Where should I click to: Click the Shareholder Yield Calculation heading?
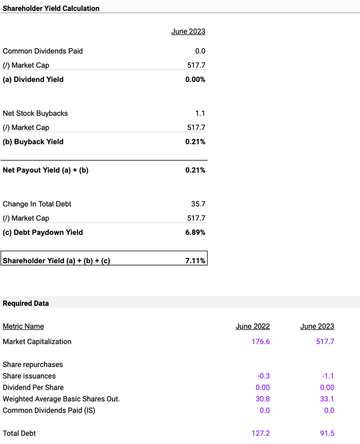(51, 8)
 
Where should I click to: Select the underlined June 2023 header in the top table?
(188, 31)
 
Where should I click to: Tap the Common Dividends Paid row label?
(43, 51)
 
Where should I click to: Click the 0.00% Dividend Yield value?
(195, 80)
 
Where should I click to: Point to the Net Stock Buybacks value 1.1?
(200, 114)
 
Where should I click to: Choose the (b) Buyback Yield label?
(33, 142)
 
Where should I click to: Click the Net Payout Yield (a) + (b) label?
(46, 170)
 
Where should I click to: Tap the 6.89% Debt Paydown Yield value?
(195, 233)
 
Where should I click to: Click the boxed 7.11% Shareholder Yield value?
(195, 261)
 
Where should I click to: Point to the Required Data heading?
(26, 303)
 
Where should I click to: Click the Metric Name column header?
(23, 327)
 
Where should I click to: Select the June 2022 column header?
(253, 327)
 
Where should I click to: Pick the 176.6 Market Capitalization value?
(260, 342)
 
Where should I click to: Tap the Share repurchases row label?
(33, 365)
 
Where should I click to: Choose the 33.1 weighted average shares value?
(327, 399)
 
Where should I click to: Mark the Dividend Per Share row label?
(33, 387)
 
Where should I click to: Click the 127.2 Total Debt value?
(260, 433)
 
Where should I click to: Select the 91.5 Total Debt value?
(326, 433)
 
